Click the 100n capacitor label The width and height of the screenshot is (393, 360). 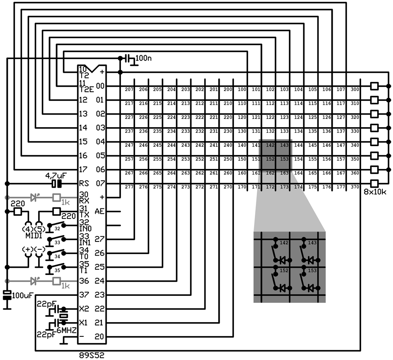pyautogui.click(x=143, y=58)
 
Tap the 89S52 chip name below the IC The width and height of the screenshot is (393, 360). pyautogui.click(x=91, y=355)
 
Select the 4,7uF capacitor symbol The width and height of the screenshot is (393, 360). pyautogui.click(x=57, y=184)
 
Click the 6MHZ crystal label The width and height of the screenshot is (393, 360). pyautogui.click(x=67, y=330)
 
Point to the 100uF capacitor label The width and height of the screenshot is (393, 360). pyautogui.click(x=22, y=295)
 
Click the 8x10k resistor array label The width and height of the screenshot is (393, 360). pyautogui.click(x=375, y=192)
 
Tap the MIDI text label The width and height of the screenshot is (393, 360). pyautogui.click(x=34, y=236)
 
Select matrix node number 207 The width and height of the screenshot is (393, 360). pyautogui.click(x=129, y=89)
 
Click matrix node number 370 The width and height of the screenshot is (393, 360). pyautogui.click(x=355, y=187)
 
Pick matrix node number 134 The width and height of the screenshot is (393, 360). pyautogui.click(x=298, y=131)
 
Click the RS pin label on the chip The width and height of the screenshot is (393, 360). pyautogui.click(x=84, y=184)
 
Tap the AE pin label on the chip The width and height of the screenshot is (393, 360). pyautogui.click(x=100, y=212)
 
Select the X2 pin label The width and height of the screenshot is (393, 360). pyautogui.click(x=84, y=309)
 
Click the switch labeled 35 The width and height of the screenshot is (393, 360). pyautogui.click(x=57, y=267)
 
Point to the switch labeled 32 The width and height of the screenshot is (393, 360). pyautogui.click(x=57, y=225)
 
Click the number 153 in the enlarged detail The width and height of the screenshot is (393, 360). pyautogui.click(x=312, y=271)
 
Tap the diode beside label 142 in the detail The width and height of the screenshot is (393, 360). pyautogui.click(x=283, y=260)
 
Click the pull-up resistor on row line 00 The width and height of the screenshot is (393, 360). pyautogui.click(x=374, y=86)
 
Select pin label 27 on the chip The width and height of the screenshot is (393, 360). pyautogui.click(x=99, y=239)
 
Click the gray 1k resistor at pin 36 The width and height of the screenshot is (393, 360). pyautogui.click(x=57, y=281)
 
